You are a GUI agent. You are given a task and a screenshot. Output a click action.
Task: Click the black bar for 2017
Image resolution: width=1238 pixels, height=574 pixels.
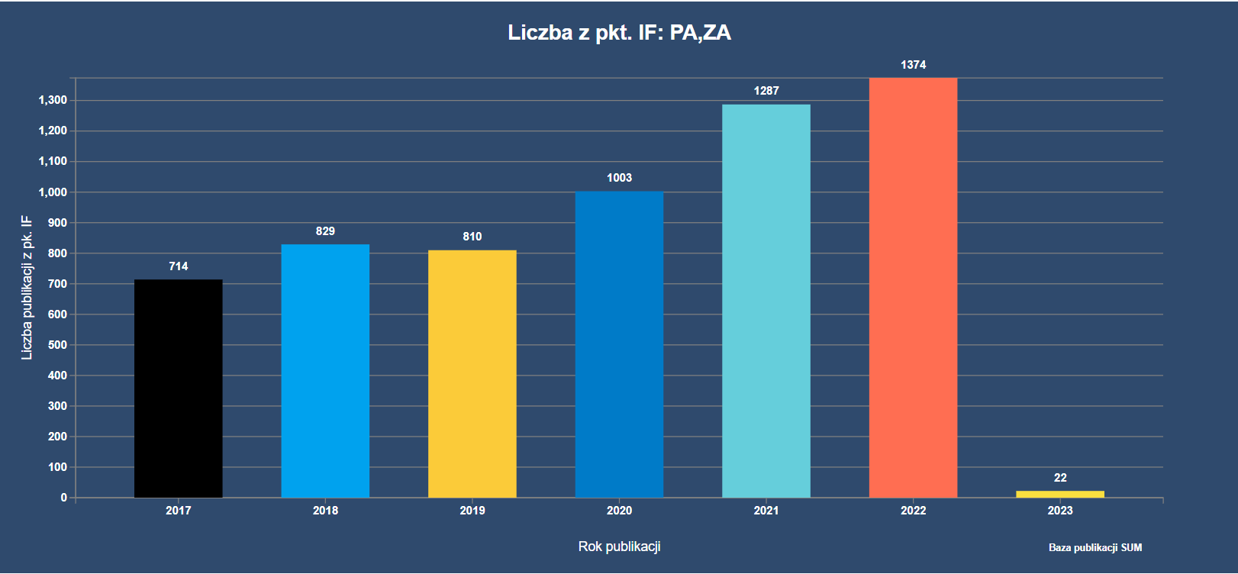178,389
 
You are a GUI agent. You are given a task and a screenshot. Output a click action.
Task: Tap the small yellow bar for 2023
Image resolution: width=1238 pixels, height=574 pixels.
1059,495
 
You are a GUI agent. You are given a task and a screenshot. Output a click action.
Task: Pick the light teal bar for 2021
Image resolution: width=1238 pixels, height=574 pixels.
766,301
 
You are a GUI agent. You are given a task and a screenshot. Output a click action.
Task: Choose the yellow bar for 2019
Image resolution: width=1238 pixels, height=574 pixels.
472,374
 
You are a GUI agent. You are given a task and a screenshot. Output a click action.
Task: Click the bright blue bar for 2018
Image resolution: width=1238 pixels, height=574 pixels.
325,371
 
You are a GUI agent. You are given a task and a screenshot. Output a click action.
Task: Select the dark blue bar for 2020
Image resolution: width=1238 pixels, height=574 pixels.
619,344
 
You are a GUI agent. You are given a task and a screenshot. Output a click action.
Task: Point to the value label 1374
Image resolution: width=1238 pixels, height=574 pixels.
913,65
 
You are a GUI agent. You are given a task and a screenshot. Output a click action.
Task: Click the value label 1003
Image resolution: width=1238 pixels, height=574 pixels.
619,178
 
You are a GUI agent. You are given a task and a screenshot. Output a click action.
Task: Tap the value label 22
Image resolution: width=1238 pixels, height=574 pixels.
1060,478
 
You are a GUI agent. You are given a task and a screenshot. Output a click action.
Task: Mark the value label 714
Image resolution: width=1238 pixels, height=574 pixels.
178,266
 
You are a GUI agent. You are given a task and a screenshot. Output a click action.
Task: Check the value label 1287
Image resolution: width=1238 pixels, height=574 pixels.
766,91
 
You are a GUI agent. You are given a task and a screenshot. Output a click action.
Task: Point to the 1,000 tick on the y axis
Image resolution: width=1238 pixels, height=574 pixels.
53,192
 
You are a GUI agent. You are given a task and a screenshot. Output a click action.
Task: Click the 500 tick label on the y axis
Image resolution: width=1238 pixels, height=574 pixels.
57,345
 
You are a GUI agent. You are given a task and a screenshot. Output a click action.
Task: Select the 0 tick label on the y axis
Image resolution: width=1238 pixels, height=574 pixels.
64,498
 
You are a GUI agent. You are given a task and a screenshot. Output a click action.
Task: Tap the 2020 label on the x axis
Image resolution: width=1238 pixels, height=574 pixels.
619,511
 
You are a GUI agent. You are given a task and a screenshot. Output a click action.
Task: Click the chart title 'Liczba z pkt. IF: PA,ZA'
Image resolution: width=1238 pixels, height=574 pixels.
619,33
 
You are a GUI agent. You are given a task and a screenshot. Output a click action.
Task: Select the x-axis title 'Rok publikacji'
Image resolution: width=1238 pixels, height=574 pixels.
619,547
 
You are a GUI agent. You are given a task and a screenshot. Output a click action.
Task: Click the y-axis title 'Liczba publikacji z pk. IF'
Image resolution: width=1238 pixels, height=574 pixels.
27,287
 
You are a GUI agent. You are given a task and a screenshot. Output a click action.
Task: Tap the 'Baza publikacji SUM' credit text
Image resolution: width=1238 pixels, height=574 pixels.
1095,547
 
